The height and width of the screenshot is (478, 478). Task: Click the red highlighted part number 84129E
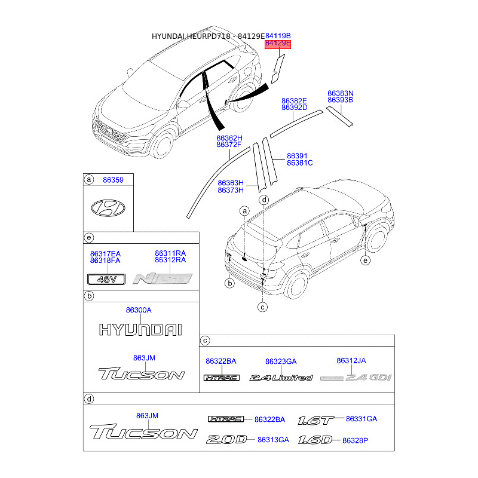(277, 44)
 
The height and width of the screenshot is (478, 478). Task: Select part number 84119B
(278, 36)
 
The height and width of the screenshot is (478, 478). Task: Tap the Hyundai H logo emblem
(108, 207)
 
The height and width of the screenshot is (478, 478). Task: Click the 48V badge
(105, 278)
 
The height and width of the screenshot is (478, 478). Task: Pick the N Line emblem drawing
(163, 278)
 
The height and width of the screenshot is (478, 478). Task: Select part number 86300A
(139, 310)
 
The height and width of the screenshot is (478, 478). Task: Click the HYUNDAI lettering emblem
(140, 329)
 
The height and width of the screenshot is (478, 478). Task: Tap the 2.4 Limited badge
(281, 378)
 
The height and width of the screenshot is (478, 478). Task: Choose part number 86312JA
(351, 361)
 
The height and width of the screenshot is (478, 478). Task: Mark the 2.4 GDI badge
(348, 378)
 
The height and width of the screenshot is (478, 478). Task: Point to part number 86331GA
(361, 419)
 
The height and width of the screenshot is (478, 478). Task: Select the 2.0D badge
(226, 440)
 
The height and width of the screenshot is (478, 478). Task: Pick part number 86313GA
(273, 440)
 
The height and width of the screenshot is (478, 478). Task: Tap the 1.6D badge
(314, 440)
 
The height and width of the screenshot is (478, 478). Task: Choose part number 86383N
(341, 93)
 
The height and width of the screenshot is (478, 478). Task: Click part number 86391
(297, 155)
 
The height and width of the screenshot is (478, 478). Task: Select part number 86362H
(229, 138)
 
